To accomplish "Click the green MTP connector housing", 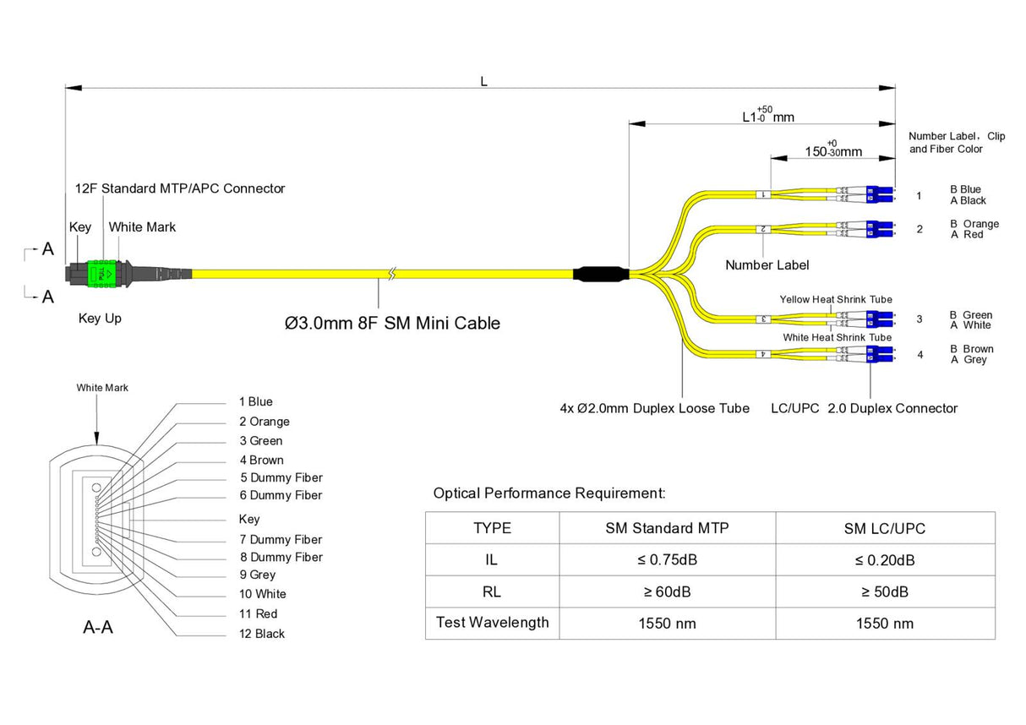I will tap(100, 273).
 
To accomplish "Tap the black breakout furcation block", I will tap(600, 273).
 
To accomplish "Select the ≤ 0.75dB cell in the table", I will tap(667, 559).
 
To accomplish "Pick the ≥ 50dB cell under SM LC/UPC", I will tap(885, 591).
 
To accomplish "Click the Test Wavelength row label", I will tap(492, 623).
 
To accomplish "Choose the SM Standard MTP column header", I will tap(667, 528).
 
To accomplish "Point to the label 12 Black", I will tap(262, 634).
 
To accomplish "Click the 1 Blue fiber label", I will tap(255, 401).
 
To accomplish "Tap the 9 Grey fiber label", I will tap(257, 575).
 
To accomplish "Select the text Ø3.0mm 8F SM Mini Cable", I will tap(392, 323).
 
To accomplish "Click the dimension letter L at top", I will tap(483, 82).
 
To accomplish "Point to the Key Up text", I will tap(100, 319).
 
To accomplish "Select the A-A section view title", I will tap(98, 628).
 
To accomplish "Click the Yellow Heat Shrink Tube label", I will tap(835, 299).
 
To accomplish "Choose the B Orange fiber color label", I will tap(974, 224).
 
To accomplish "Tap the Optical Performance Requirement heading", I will tap(549, 493).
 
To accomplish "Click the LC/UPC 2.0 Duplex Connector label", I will tap(864, 409).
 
